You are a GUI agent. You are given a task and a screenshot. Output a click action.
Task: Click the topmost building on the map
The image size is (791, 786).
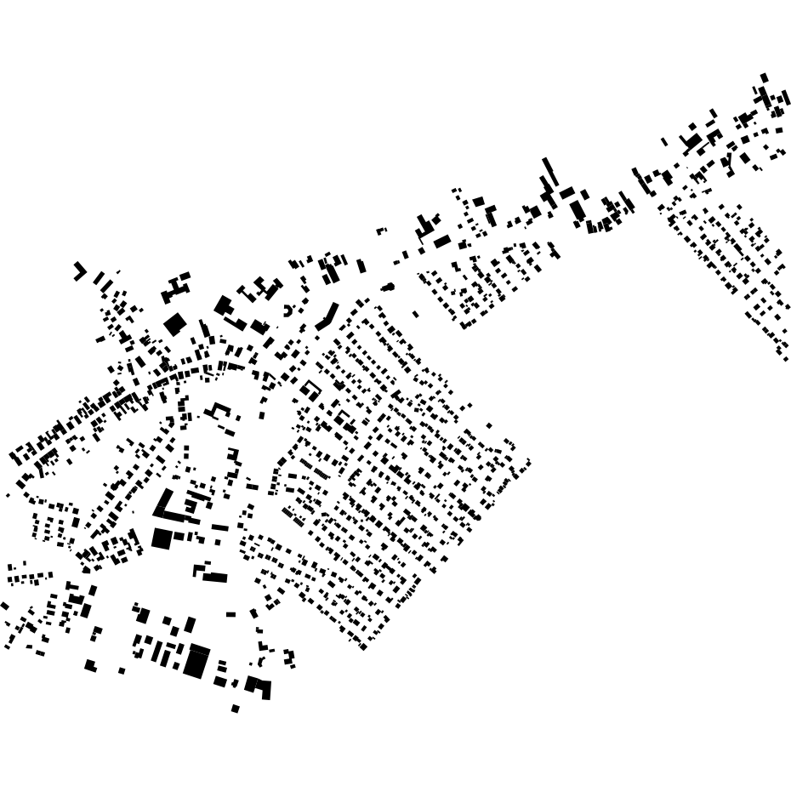click(764, 77)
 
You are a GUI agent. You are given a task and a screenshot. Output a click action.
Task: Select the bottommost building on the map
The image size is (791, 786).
click(236, 709)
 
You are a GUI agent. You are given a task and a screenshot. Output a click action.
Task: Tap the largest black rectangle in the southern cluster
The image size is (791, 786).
click(196, 662)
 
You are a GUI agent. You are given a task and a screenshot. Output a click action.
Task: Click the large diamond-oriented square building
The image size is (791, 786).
click(174, 324)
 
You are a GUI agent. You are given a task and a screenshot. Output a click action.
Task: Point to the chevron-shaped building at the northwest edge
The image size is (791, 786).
click(80, 271)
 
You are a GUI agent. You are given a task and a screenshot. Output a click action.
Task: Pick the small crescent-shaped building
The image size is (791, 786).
click(288, 310)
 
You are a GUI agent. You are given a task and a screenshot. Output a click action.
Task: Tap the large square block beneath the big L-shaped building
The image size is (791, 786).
click(162, 538)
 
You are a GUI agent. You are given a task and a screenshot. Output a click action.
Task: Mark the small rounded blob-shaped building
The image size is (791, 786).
click(388, 287)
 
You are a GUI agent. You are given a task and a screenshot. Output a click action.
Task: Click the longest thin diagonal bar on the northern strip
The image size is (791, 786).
click(549, 170)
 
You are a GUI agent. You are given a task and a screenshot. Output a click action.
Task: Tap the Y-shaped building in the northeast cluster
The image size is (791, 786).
click(726, 161)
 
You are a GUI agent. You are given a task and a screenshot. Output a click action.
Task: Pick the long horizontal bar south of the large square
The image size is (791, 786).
click(214, 578)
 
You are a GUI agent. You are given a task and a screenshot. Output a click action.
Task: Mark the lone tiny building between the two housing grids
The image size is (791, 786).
click(415, 314)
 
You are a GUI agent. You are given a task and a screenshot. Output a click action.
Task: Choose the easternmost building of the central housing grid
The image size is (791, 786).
click(527, 463)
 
